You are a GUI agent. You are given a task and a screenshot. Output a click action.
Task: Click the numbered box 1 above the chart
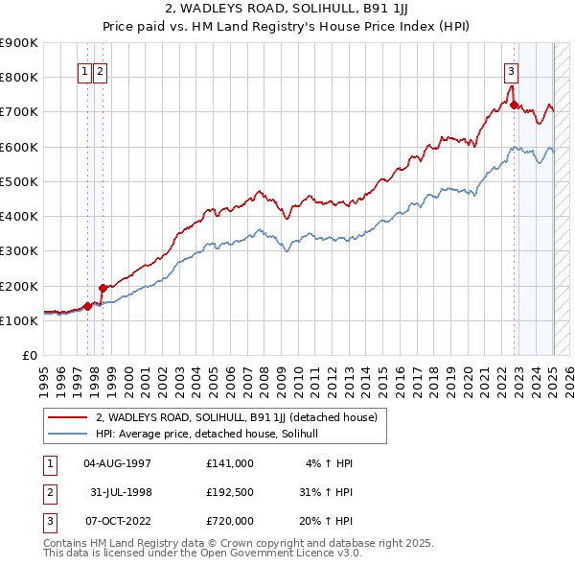point(84,70)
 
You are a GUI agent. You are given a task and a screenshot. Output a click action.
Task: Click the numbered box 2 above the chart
point(100,70)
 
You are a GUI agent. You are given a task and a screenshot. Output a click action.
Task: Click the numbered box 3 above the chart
point(512,70)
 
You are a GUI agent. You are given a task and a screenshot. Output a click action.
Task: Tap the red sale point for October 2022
point(515,105)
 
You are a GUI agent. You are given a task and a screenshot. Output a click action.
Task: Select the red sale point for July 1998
point(103,288)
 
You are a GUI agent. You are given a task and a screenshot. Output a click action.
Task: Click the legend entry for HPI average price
point(213,434)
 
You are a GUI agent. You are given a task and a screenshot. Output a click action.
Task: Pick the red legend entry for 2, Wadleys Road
point(237,418)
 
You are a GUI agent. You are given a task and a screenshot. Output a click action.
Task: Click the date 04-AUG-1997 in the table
point(118,463)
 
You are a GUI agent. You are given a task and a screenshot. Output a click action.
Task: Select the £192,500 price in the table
point(229,492)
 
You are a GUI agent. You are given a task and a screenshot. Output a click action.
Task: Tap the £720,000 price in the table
point(229,521)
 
